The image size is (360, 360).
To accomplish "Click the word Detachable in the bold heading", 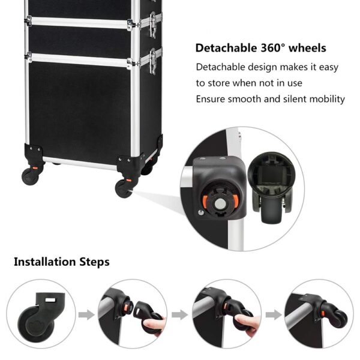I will [x=224, y=48].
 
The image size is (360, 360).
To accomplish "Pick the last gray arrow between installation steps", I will [x=273, y=314].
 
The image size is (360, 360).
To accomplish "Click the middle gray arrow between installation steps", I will [x=180, y=314].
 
